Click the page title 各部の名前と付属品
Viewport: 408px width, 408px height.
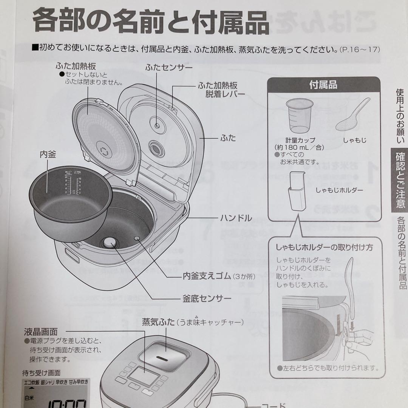point(151,22)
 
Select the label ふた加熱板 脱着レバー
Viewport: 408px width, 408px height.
point(221,89)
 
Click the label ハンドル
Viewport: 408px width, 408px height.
point(236,218)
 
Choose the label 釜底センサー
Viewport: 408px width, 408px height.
point(207,298)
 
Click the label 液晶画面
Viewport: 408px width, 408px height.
point(40,332)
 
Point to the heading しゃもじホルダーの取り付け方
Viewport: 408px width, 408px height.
point(324,247)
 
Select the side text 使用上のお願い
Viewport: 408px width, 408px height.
point(400,116)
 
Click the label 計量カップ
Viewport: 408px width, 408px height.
point(300,140)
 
